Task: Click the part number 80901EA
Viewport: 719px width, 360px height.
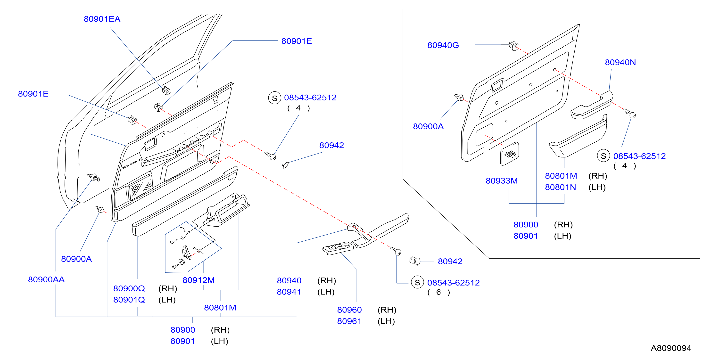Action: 102,19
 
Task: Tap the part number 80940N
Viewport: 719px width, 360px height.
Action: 620,62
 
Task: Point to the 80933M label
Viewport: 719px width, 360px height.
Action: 502,180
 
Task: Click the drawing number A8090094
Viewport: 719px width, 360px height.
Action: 671,348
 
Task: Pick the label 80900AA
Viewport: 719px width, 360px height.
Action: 46,279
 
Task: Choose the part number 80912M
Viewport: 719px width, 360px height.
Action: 198,280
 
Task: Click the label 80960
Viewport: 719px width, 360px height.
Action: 349,310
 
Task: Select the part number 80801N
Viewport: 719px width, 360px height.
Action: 561,187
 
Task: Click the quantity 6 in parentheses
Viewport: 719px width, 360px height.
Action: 438,292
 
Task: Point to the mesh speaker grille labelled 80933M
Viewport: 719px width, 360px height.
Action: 510,154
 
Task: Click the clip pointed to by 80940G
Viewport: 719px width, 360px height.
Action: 513,46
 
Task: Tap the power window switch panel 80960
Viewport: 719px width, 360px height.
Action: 338,248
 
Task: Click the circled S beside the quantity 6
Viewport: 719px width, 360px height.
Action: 417,282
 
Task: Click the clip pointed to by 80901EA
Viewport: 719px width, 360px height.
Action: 166,91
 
